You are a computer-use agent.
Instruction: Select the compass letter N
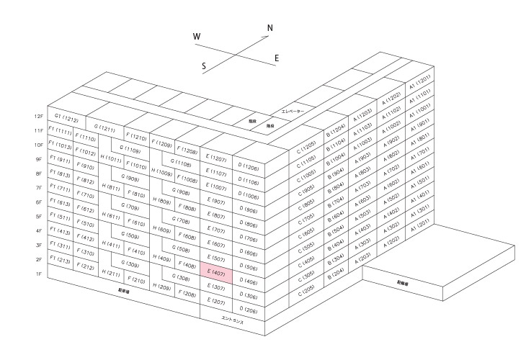coord(270,29)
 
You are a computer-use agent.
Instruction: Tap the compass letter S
coord(204,66)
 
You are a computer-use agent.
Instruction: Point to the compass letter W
coord(197,36)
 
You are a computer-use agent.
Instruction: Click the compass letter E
coord(277,58)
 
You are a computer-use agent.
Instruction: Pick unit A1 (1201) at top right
coord(419,81)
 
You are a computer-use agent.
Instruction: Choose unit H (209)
coord(161,287)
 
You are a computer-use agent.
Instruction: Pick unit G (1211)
coord(104,128)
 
